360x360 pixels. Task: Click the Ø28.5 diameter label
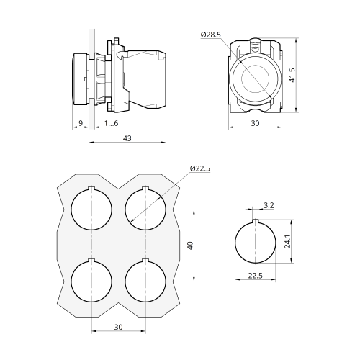pyautogui.click(x=211, y=35)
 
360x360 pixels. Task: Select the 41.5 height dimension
pyautogui.click(x=292, y=75)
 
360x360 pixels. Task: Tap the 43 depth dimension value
pyautogui.click(x=127, y=138)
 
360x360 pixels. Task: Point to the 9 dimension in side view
pyautogui.click(x=81, y=123)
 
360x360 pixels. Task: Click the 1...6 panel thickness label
pyautogui.click(x=111, y=123)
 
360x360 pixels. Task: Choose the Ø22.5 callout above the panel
pyautogui.click(x=200, y=168)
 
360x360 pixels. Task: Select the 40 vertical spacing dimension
pyautogui.click(x=190, y=246)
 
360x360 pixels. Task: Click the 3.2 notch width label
pyautogui.click(x=269, y=205)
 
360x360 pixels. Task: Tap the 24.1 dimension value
pyautogui.click(x=287, y=241)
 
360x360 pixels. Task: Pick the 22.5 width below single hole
pyautogui.click(x=256, y=276)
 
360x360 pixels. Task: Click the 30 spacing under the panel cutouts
pyautogui.click(x=118, y=327)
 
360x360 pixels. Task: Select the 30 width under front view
pyautogui.click(x=255, y=123)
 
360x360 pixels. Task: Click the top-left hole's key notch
pyautogui.click(x=91, y=188)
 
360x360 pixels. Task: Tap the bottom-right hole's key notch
pyautogui.click(x=145, y=260)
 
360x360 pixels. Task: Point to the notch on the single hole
pyautogui.click(x=256, y=222)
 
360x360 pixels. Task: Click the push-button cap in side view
pyautogui.click(x=81, y=78)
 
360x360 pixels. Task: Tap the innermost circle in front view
pyautogui.click(x=255, y=78)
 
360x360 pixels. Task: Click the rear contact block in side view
pyautogui.click(x=146, y=80)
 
